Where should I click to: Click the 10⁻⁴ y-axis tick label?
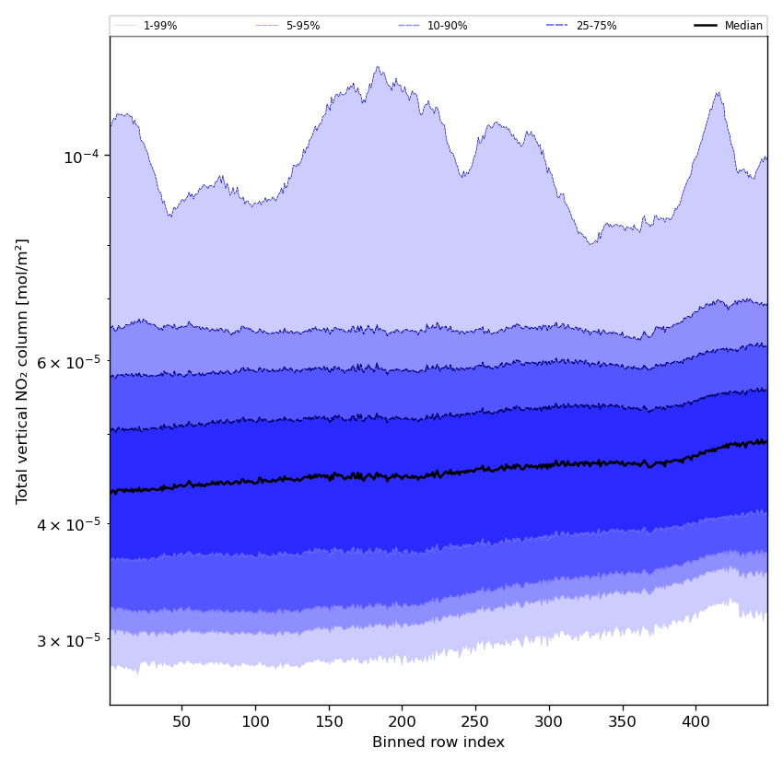click(x=81, y=157)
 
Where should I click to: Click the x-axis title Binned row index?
click(x=438, y=742)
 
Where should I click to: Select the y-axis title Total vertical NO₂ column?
click(x=22, y=370)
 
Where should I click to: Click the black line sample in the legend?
click(x=707, y=26)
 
